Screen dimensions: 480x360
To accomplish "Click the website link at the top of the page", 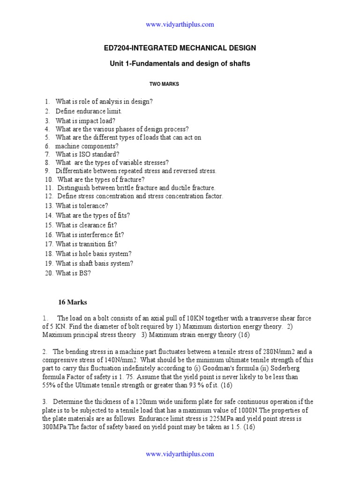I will pyautogui.click(x=180, y=24).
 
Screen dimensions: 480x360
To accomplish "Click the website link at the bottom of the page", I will pyautogui.click(x=180, y=454).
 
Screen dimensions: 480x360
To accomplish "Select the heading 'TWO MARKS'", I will pyautogui.click(x=164, y=84).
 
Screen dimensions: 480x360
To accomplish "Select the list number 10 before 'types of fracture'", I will pyautogui.click(x=49, y=180).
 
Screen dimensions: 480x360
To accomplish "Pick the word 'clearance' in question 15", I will pyautogui.click(x=91, y=225).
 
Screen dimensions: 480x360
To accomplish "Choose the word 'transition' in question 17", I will pyautogui.click(x=92, y=244).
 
